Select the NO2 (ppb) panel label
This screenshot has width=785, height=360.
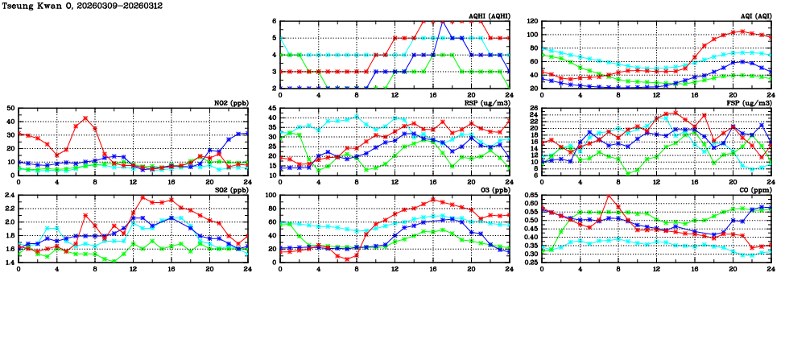coord(231,102)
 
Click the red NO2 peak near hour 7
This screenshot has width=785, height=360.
coord(85,118)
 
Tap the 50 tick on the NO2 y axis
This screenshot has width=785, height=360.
coord(10,108)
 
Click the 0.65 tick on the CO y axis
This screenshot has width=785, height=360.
coord(531,195)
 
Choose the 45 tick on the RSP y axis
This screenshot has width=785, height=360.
coord(272,108)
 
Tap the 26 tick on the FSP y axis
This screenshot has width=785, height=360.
coord(533,108)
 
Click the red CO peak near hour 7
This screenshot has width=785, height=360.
coord(609,196)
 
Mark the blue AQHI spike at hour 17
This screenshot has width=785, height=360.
coord(443,22)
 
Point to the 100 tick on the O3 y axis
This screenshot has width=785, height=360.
coord(270,195)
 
